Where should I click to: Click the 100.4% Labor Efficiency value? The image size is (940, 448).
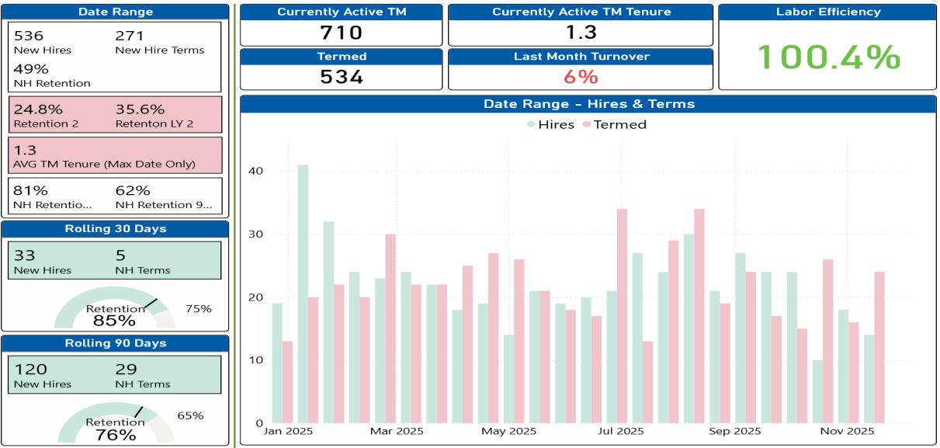point(828,57)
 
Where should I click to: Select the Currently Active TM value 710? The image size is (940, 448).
point(342,33)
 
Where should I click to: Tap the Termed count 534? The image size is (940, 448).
point(342,77)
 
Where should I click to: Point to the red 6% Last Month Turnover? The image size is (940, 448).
point(580,77)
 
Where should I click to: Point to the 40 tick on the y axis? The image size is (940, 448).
point(256,172)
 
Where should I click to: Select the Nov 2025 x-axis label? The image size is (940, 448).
point(848,432)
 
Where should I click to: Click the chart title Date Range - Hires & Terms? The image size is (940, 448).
point(588,104)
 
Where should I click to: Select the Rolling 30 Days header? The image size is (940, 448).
point(115,228)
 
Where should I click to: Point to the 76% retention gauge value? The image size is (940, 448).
point(116,435)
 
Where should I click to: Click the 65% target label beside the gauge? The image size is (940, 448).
point(190,415)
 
